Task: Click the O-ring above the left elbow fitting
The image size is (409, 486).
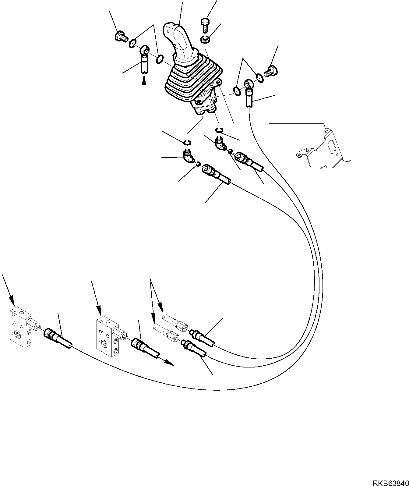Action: click(187, 142)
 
